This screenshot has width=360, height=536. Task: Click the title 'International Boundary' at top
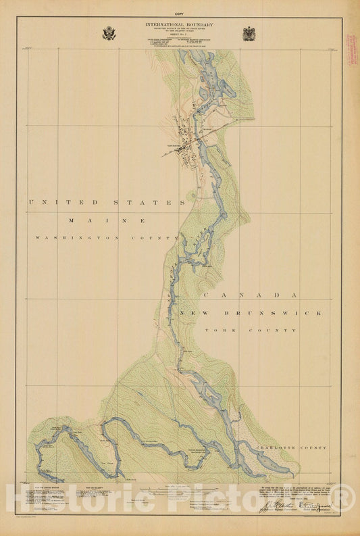pyautogui.click(x=179, y=24)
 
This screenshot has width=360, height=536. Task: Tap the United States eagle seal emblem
pyautogui.click(x=109, y=33)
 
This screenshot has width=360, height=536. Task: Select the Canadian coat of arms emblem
pyautogui.click(x=249, y=33)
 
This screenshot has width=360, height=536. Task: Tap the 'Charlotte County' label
pyautogui.click(x=291, y=448)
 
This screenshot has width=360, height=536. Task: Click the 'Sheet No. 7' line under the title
pyautogui.click(x=179, y=38)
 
